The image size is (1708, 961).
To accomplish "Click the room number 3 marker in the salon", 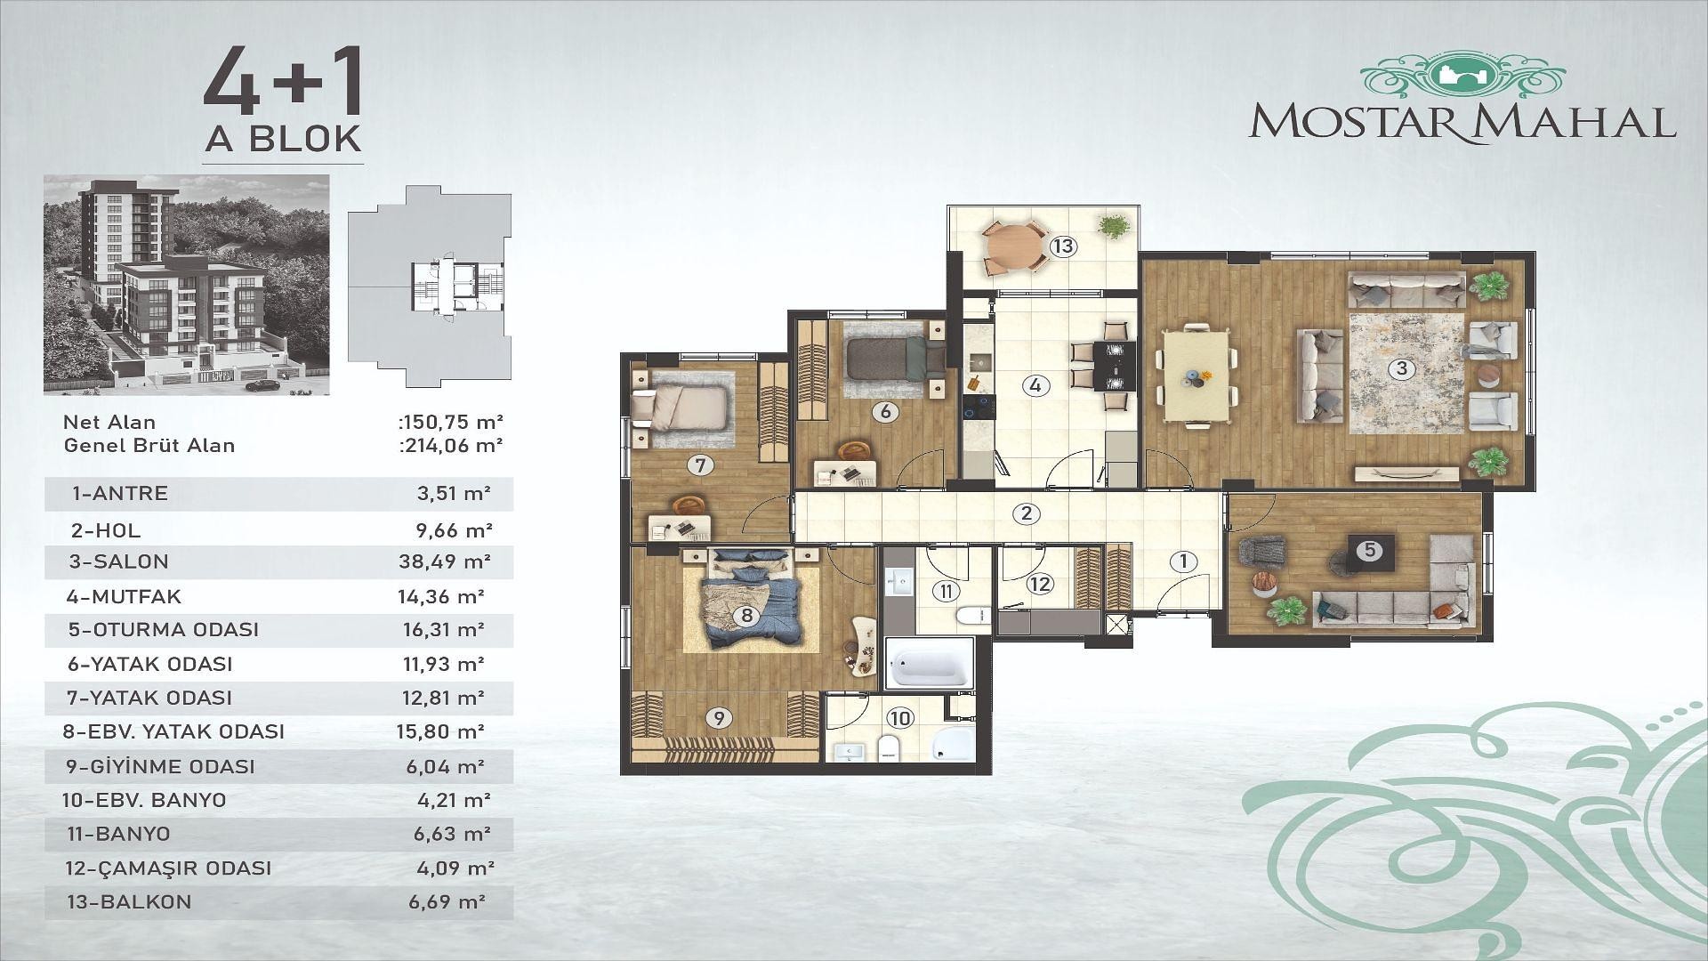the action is click(1401, 367).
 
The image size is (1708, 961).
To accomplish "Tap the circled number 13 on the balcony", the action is click(1063, 246).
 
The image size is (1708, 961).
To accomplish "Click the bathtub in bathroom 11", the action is click(929, 666).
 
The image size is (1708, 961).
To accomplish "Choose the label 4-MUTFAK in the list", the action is click(124, 596).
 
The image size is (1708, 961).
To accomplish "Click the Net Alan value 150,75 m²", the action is click(451, 421).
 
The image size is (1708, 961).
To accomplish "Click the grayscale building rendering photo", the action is click(186, 285).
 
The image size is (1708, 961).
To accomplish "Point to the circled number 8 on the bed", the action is click(746, 615).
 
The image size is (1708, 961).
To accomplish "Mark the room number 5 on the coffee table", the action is click(1370, 551).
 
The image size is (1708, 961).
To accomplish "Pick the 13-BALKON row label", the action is click(129, 901).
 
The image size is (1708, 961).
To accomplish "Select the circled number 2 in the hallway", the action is click(1027, 513).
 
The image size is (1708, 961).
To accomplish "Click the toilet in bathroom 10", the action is click(890, 747).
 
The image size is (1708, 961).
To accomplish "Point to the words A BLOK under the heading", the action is click(283, 139).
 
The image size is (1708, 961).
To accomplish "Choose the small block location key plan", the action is click(430, 287).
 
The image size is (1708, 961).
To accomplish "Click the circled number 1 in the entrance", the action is click(1183, 561).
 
